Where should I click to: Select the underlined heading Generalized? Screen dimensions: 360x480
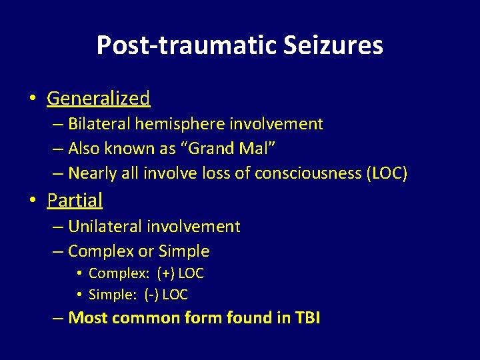(98, 99)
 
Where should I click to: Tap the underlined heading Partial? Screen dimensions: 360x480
(75, 200)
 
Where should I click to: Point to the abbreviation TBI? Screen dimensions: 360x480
(307, 318)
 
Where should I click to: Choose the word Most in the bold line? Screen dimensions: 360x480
(89, 318)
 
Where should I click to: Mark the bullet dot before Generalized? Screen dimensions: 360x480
(32, 99)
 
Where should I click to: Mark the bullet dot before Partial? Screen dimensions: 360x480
(32, 201)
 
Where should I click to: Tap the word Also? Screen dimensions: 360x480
(84, 149)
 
